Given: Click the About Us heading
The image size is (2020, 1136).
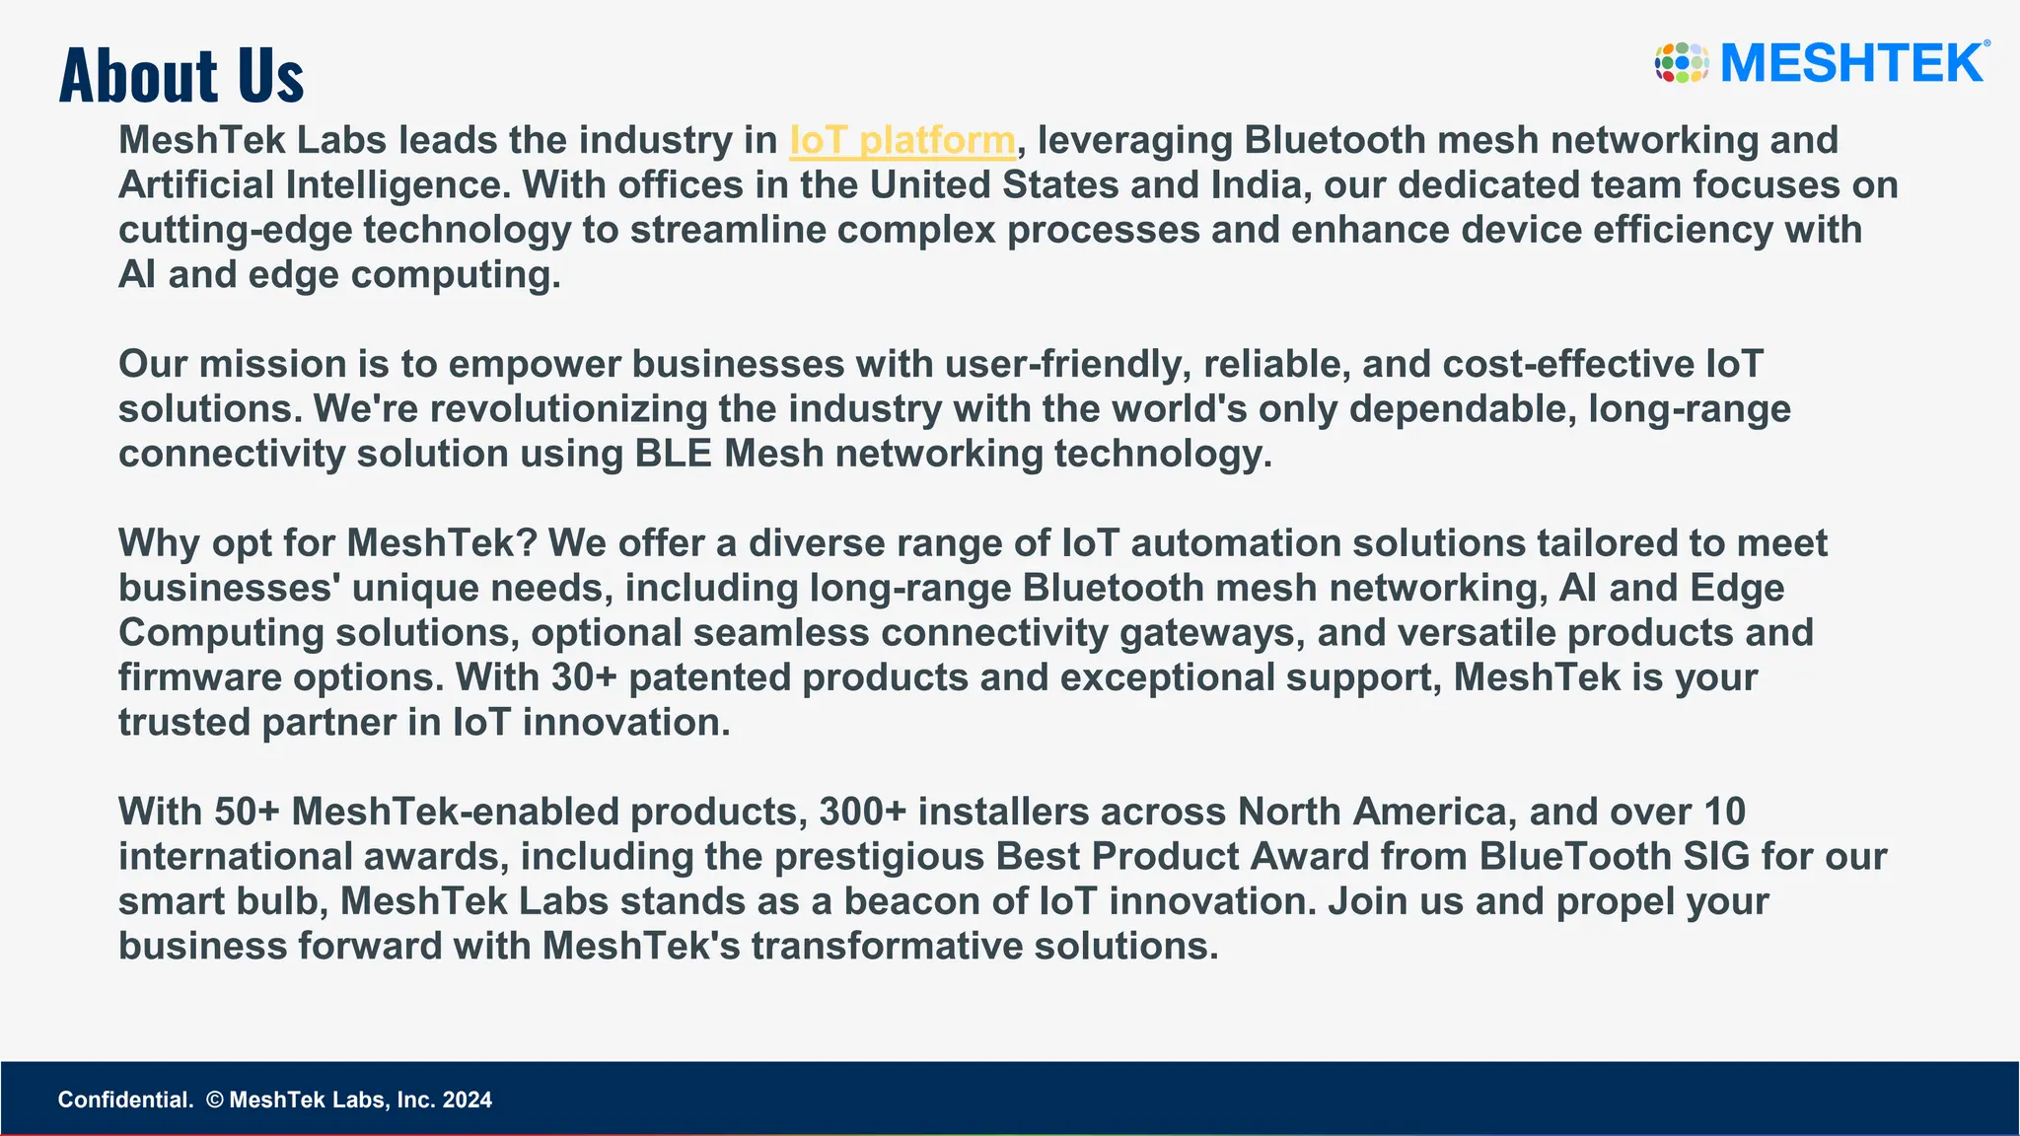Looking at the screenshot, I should click(x=181, y=75).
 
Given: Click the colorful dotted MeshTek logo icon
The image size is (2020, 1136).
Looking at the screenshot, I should click(x=1681, y=63).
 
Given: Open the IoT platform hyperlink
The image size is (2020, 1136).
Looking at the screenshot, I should click(x=902, y=140).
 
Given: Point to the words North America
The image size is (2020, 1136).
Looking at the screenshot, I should click(x=1372, y=812).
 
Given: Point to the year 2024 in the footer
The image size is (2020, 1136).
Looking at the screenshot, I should click(x=467, y=1100).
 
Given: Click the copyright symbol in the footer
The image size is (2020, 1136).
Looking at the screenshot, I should click(x=215, y=1100).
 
